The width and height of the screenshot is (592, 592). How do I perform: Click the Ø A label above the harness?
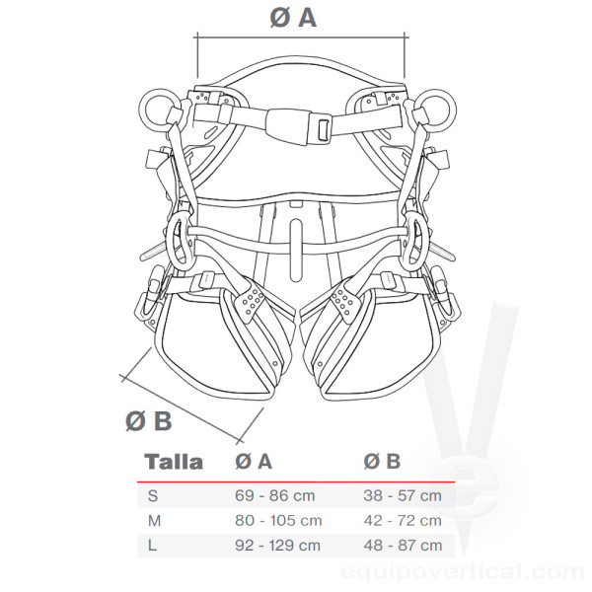293,18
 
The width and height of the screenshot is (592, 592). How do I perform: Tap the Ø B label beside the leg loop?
148,421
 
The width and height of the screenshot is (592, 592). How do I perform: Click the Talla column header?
174,462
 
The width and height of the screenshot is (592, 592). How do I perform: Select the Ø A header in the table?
254,461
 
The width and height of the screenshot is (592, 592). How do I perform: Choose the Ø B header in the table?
382,461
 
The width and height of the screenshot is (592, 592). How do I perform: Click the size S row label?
153,495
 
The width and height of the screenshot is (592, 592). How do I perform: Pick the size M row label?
155,521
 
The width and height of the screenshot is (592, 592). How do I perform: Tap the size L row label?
152,546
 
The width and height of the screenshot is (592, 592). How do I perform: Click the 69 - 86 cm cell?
275,495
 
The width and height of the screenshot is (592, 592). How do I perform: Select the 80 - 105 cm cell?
278,521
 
